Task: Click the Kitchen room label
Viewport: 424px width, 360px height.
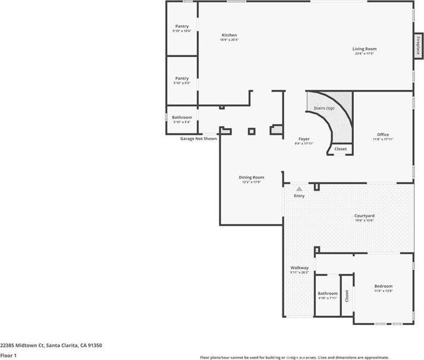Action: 229,35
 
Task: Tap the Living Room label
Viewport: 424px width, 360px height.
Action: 365,49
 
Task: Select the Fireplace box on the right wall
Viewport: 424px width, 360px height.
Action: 419,45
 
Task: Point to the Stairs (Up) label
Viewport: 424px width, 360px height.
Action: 324,108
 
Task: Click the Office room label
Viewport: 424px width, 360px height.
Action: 383,134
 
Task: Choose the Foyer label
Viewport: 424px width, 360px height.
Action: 303,138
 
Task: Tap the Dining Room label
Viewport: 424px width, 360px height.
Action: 252,177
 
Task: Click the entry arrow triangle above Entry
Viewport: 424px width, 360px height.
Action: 299,188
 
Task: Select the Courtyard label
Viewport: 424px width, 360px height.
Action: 365,216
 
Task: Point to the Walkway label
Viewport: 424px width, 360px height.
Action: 299,268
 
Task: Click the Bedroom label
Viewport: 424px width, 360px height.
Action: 383,286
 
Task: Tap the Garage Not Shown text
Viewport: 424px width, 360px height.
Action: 199,138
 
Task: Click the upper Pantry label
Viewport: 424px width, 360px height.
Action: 181,26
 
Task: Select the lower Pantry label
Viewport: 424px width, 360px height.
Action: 181,78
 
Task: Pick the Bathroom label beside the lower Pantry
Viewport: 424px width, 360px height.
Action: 182,118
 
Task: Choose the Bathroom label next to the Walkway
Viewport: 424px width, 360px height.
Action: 328,293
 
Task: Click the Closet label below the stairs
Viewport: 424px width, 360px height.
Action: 340,149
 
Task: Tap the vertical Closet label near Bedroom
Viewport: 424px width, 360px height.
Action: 346,294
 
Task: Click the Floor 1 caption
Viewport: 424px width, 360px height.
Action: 8,355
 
